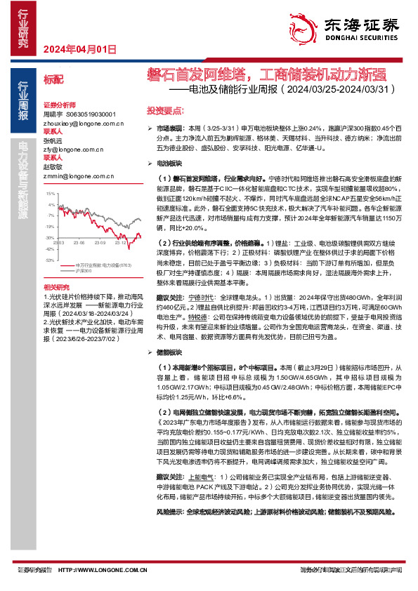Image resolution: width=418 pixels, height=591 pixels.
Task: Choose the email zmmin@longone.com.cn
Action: [x=73, y=175]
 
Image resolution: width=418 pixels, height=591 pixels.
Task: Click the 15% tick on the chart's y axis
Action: [x=50, y=192]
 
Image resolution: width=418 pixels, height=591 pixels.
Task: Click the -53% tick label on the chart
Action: [x=49, y=260]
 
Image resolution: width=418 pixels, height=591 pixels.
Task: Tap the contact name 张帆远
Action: [x=53, y=140]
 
